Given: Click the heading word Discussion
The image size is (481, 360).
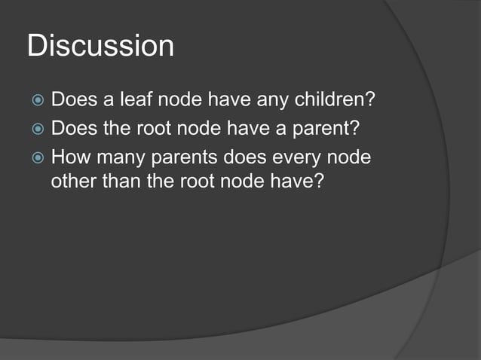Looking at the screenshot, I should [100, 47].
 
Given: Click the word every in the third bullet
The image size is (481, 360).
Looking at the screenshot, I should [299, 157].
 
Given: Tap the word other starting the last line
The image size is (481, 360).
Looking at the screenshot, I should [70, 184].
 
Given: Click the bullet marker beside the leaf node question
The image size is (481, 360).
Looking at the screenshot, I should [36, 102].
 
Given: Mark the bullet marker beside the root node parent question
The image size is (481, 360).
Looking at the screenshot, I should [36, 130].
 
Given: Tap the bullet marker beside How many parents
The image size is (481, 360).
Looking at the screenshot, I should [36, 158].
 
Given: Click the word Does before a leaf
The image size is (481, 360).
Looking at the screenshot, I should [72, 101].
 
